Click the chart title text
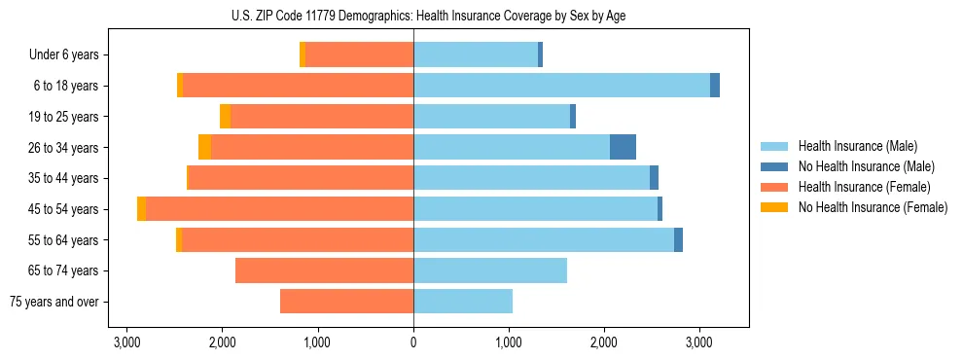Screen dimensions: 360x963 pyautogui.click(x=413, y=16)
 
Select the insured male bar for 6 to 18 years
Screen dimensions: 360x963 pyautogui.click(x=561, y=86)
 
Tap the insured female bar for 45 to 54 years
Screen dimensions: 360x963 pyautogui.click(x=280, y=209)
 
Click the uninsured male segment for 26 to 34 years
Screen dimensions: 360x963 pyautogui.click(x=623, y=147)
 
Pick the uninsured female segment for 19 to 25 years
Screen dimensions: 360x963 pyautogui.click(x=226, y=117)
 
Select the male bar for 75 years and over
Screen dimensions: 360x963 pyautogui.click(x=463, y=302)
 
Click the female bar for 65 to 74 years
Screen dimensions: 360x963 pyautogui.click(x=324, y=270)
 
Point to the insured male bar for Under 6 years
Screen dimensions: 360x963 pyautogui.click(x=476, y=54)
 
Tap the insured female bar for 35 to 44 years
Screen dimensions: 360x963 pyautogui.click(x=301, y=178)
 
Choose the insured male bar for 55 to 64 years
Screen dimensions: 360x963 pyautogui.click(x=544, y=240)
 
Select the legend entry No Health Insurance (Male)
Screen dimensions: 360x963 pyautogui.click(x=866, y=166)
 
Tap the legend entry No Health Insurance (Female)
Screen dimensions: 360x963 pyautogui.click(x=873, y=207)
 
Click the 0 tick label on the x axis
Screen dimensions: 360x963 pyautogui.click(x=413, y=342)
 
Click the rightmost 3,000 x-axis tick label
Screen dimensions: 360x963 pyautogui.click(x=699, y=342)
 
